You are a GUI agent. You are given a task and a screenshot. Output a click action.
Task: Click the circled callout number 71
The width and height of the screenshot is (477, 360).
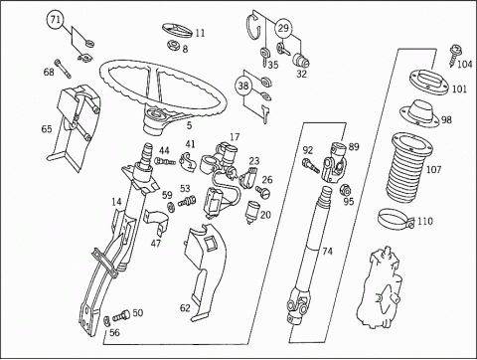(x=55, y=20)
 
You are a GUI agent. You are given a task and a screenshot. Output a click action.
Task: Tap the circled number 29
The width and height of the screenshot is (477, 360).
(x=283, y=28)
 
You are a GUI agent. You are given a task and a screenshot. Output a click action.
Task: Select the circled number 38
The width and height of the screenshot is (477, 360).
(x=243, y=86)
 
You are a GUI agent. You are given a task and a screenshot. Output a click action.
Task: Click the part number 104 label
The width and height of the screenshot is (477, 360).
(x=464, y=64)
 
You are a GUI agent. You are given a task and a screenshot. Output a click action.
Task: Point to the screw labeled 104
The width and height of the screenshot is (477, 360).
(x=454, y=55)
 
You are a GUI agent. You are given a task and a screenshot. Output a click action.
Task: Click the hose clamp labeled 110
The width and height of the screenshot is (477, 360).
(x=396, y=219)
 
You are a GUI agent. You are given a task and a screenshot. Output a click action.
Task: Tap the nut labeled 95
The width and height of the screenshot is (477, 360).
(x=346, y=190)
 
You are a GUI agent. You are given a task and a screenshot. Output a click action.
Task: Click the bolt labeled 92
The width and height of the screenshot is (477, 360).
(x=310, y=165)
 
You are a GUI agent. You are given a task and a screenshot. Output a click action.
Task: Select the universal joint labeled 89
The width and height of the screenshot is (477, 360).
(x=335, y=162)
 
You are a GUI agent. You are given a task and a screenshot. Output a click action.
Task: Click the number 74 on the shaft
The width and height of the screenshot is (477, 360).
(x=327, y=252)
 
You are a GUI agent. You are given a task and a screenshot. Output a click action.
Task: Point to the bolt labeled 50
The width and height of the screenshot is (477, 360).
(x=121, y=315)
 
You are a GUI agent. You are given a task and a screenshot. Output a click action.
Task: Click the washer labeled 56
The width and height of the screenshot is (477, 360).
(x=107, y=321)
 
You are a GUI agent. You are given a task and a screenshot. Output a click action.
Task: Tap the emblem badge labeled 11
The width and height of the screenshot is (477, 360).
(x=177, y=31)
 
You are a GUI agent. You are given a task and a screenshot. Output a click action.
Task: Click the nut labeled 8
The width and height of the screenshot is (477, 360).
(x=173, y=45)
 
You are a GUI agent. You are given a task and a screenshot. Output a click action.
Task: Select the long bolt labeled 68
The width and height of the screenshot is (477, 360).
(x=63, y=69)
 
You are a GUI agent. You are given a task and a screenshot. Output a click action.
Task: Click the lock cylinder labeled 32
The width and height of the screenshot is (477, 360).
(x=301, y=61)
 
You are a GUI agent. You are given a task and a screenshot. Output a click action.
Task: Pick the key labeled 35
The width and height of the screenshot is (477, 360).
(x=264, y=57)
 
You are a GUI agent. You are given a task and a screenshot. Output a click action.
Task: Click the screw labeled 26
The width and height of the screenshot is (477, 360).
(x=263, y=192)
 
